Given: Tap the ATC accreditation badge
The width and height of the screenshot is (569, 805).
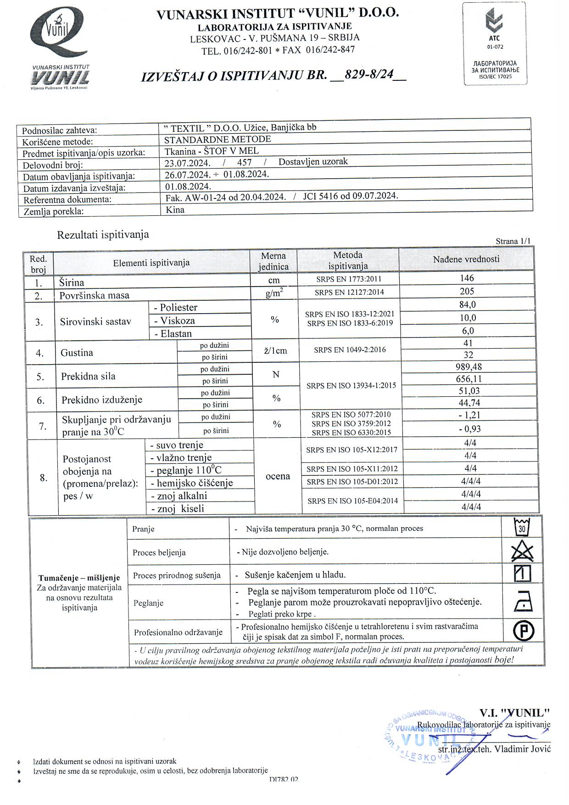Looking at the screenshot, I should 495,44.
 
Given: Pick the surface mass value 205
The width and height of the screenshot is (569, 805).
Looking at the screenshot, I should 467,291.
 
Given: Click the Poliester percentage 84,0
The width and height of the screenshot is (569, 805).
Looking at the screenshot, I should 468,304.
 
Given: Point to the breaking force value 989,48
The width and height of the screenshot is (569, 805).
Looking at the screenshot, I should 467,367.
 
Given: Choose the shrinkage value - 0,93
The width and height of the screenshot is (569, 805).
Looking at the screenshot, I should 469,429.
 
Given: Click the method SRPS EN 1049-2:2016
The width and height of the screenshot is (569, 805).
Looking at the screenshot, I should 350,350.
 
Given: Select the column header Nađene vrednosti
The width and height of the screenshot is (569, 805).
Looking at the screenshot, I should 466,259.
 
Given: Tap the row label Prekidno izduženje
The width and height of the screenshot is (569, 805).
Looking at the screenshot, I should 102,400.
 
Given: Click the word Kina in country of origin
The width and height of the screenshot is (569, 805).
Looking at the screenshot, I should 175,210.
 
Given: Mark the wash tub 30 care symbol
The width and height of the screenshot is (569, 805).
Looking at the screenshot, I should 522,528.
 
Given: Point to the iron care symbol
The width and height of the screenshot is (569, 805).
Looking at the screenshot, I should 523,602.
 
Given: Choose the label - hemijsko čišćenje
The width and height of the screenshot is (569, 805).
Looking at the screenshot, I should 192,483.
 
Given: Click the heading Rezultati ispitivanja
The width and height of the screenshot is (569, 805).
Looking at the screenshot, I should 103,235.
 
